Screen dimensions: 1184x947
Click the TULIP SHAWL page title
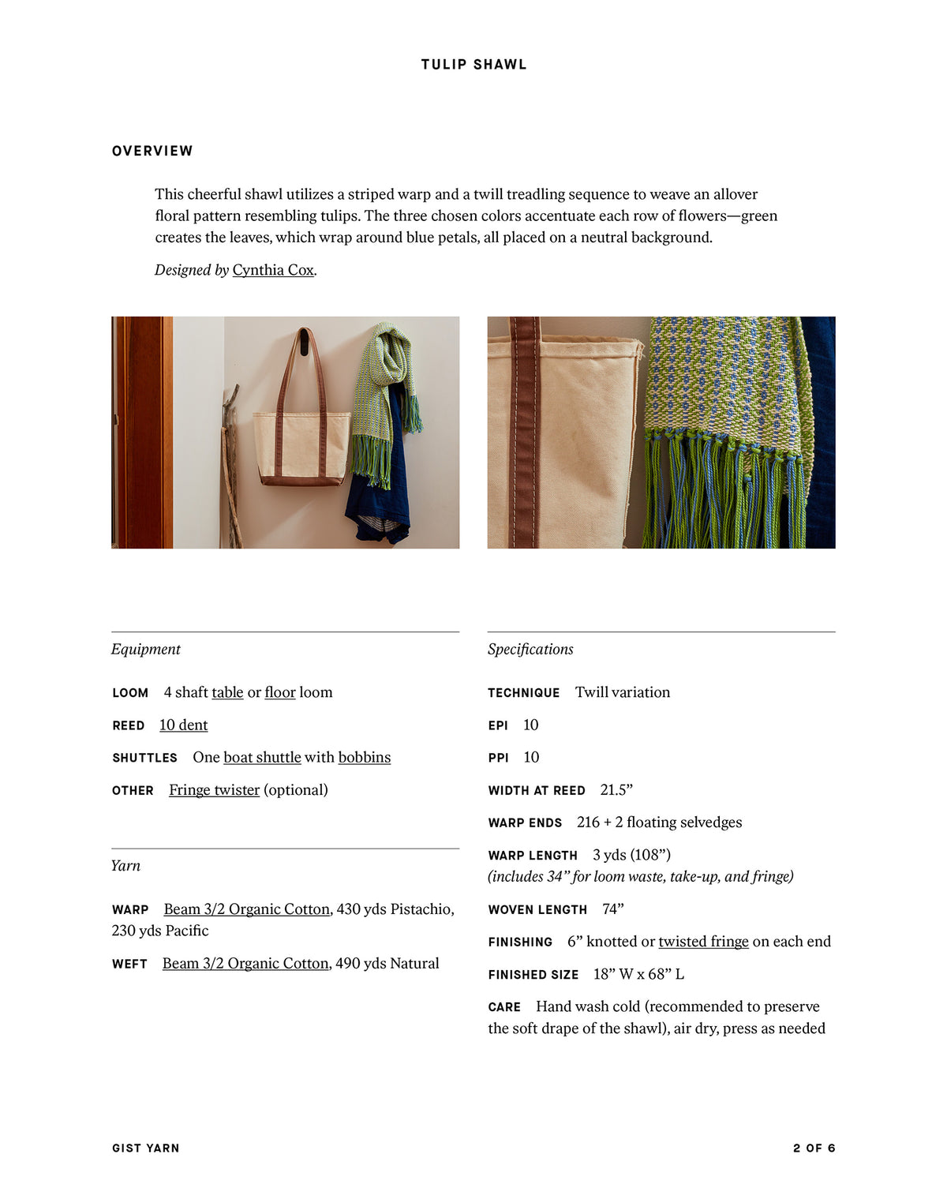[473, 65]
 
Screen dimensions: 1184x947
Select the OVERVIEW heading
[152, 151]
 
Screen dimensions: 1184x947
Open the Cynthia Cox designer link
[273, 270]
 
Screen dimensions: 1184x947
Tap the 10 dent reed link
[183, 725]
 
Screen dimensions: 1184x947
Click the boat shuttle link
[262, 758]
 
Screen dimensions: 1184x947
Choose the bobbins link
[365, 758]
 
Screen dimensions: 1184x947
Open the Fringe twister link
[214, 790]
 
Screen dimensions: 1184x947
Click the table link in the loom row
[227, 692]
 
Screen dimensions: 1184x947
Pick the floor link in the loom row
[280, 692]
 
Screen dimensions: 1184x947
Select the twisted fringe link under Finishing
[703, 942]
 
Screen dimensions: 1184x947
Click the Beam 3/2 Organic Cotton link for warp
[246, 909]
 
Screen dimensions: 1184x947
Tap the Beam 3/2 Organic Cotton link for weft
[245, 964]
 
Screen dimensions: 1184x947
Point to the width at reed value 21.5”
[616, 790]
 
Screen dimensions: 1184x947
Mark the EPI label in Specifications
[498, 725]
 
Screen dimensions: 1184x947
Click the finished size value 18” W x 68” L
[638, 974]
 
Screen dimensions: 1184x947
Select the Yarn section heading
[125, 866]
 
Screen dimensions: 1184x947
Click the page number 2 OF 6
[814, 1148]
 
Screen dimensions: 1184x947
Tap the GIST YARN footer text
[146, 1148]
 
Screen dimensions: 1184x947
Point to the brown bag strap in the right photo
[524, 434]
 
